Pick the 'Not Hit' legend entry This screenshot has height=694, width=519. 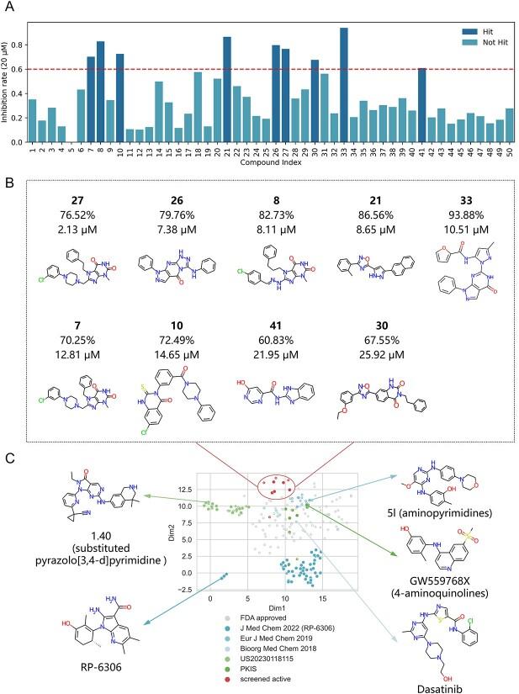pos(483,39)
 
